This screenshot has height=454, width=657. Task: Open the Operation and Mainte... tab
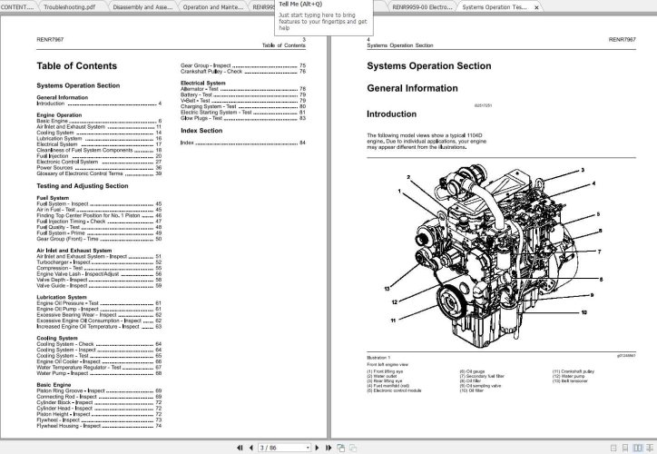[x=213, y=6]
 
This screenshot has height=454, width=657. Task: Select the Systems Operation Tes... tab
[x=495, y=6]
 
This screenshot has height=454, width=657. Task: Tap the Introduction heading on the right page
[x=391, y=114]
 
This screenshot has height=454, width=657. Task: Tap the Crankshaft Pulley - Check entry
[x=211, y=72]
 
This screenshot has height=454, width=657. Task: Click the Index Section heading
[x=201, y=131]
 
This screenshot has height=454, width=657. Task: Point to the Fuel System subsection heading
[x=53, y=197]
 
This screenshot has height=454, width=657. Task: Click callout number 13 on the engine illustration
[x=386, y=288]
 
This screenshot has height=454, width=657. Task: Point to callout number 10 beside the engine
[x=583, y=311]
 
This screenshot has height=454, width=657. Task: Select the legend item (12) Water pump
[x=571, y=376]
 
